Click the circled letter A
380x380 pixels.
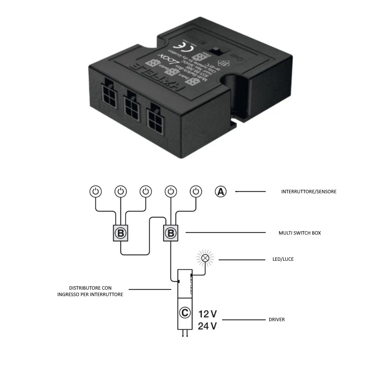coord(221,192)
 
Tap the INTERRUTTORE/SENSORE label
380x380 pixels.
coord(309,192)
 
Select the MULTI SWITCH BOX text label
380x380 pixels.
coord(300,233)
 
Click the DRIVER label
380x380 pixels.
coord(276,320)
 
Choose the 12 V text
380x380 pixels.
coord(207,314)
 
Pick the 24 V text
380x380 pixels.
coord(207,326)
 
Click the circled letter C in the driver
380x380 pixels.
coord(184,313)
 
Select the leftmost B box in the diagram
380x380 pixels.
coord(121,233)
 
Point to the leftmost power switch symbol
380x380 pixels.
coord(95,191)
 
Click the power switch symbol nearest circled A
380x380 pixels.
coord(196,191)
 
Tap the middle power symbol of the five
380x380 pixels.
coord(146,191)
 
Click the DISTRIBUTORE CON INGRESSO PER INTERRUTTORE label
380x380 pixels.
coord(90,291)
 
